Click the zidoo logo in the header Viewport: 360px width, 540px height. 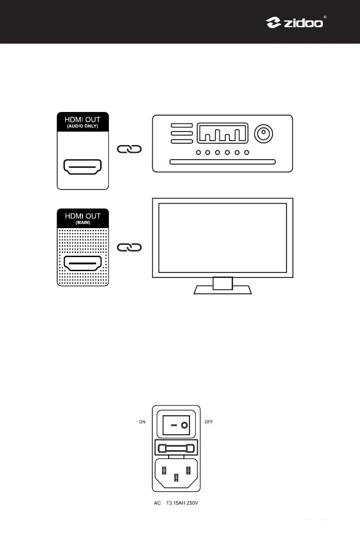pyautogui.click(x=294, y=22)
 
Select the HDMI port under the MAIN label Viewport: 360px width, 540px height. pyautogui.click(x=83, y=263)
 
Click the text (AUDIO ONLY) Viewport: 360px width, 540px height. pyautogui.click(x=83, y=126)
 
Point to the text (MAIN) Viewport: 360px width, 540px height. pyautogui.click(x=83, y=223)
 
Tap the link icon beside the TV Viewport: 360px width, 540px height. pyautogui.click(x=130, y=247)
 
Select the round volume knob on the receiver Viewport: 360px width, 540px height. pyautogui.click(x=263, y=133)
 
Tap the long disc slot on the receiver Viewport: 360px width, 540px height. pyautogui.click(x=222, y=161)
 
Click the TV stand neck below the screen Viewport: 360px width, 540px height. pyautogui.click(x=223, y=283)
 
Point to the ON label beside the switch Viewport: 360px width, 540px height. pyautogui.click(x=142, y=422)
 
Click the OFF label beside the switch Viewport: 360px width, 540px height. pyautogui.click(x=209, y=422)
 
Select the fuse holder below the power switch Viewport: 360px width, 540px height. pyautogui.click(x=176, y=449)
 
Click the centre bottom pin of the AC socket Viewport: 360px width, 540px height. pyautogui.click(x=176, y=477)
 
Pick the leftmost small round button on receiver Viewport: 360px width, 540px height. pyautogui.click(x=198, y=152)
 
